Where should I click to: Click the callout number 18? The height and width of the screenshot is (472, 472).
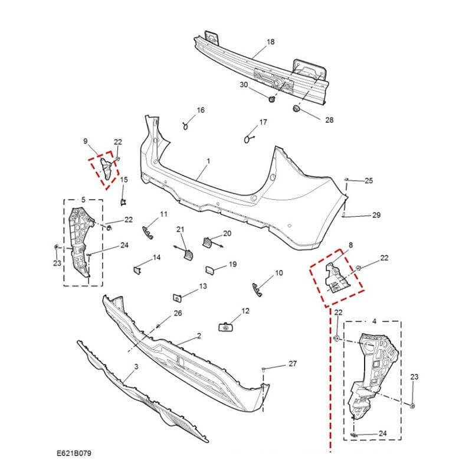(271, 42)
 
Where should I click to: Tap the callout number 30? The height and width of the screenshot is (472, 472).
(244, 85)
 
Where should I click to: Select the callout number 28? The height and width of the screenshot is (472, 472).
(329, 120)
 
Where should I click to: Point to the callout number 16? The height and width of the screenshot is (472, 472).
(201, 110)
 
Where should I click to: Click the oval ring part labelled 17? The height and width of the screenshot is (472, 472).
(247, 139)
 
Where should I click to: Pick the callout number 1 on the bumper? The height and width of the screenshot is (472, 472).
(208, 161)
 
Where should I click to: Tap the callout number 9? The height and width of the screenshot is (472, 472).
(86, 141)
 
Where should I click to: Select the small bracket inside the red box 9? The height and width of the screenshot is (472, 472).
(106, 167)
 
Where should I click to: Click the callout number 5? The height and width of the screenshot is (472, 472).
(83, 200)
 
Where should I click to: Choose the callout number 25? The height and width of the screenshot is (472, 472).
(369, 180)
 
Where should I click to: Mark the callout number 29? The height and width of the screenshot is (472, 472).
(376, 215)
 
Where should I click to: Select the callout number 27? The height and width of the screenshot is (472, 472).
(292, 364)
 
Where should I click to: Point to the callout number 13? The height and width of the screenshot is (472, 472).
(203, 286)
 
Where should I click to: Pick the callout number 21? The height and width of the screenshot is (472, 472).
(181, 229)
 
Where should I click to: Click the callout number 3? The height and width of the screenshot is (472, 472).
(136, 367)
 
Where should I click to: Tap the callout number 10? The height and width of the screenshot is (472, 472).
(279, 273)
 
